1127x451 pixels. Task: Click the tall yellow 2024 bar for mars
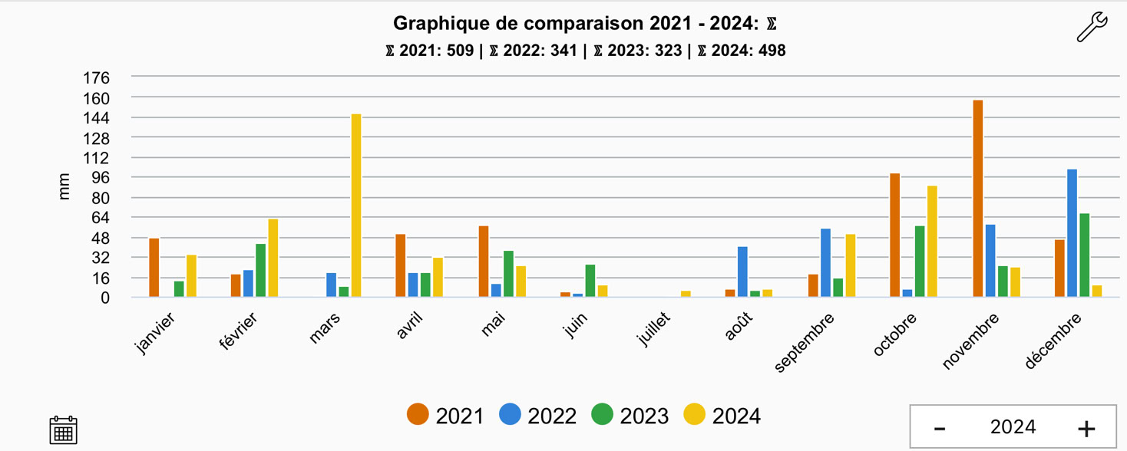click(356, 206)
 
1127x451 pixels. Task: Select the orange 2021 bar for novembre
click(977, 199)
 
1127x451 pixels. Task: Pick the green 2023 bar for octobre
click(920, 262)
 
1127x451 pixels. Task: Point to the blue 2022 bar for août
click(742, 272)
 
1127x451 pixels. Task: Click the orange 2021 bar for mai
click(484, 262)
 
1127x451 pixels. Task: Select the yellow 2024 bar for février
click(273, 258)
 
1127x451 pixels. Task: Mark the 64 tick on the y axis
click(100, 218)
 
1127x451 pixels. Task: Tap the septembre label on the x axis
click(805, 342)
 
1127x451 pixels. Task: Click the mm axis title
click(64, 186)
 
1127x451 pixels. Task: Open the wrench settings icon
click(1091, 28)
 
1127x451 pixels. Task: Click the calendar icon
click(63, 430)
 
